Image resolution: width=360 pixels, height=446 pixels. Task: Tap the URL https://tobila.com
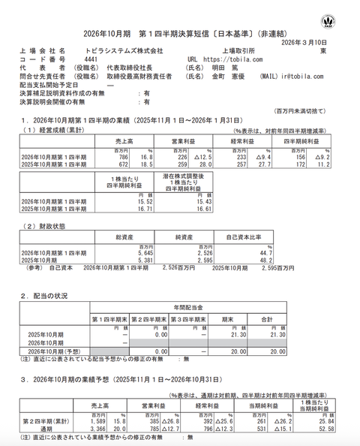tap(225, 59)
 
